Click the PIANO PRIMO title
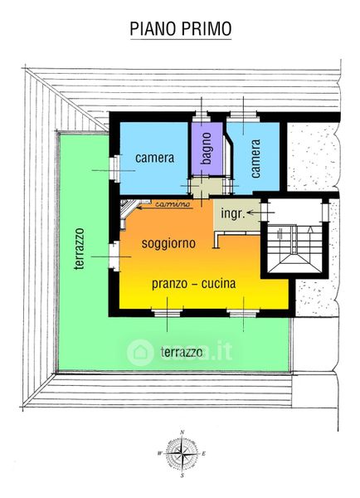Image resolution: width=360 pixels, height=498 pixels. [x=181, y=28]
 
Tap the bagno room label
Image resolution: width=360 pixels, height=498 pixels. [x=206, y=149]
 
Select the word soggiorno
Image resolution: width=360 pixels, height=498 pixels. [x=168, y=243]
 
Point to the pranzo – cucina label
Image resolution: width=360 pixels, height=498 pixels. [x=193, y=283]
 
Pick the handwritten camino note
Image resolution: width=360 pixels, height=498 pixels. [x=173, y=203]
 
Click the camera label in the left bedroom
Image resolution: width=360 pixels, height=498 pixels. [x=154, y=158]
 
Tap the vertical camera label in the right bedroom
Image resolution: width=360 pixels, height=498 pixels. [x=255, y=159]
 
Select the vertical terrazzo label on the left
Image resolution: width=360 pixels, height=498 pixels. [x=80, y=249]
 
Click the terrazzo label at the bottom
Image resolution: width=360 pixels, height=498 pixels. [x=182, y=352]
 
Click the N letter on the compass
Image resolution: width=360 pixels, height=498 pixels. [x=182, y=432]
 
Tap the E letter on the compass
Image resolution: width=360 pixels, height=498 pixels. [x=203, y=454]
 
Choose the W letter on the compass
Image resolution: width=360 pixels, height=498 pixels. [x=160, y=453]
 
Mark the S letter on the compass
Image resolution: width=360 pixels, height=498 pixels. [x=182, y=476]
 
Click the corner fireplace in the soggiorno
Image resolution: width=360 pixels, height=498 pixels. [x=130, y=211]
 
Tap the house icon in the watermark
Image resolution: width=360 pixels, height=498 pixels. [x=140, y=352]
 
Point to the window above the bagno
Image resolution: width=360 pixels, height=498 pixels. [x=201, y=116]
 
